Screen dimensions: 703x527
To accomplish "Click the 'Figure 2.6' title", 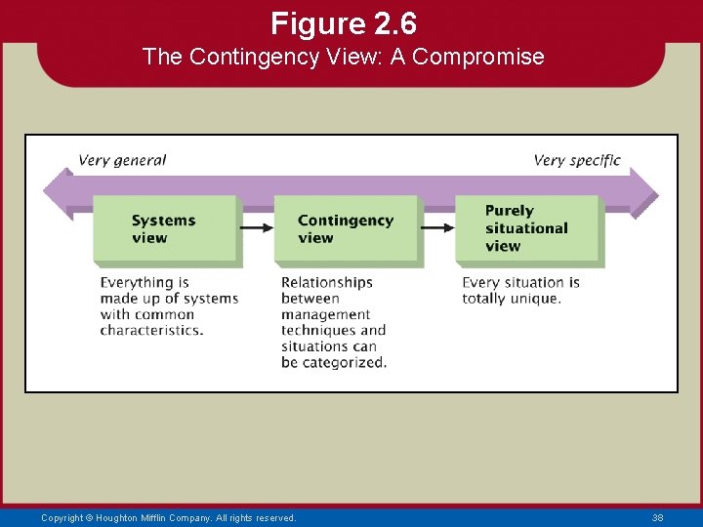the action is coord(343,21).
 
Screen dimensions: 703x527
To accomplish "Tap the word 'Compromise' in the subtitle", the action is coord(477,57).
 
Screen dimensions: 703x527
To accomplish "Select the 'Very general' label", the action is coord(122,160).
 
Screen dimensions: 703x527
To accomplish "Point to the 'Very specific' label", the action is coord(576,160).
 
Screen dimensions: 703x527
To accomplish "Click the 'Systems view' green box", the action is coord(165,229).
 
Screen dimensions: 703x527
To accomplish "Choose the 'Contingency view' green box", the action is coord(346,229).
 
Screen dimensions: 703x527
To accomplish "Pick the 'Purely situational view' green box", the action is coord(527,228).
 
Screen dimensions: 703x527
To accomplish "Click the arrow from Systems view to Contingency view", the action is coord(256,228).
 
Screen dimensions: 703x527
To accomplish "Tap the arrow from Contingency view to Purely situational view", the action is coord(436,228).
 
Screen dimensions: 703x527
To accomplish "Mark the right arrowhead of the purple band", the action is coord(644,192).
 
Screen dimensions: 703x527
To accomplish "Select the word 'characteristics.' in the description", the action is coord(151,330).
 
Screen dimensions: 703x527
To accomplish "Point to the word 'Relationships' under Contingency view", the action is coord(327,283).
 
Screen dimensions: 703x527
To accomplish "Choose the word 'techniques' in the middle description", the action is coord(311,330).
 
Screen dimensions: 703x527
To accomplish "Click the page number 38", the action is coord(657,518).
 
